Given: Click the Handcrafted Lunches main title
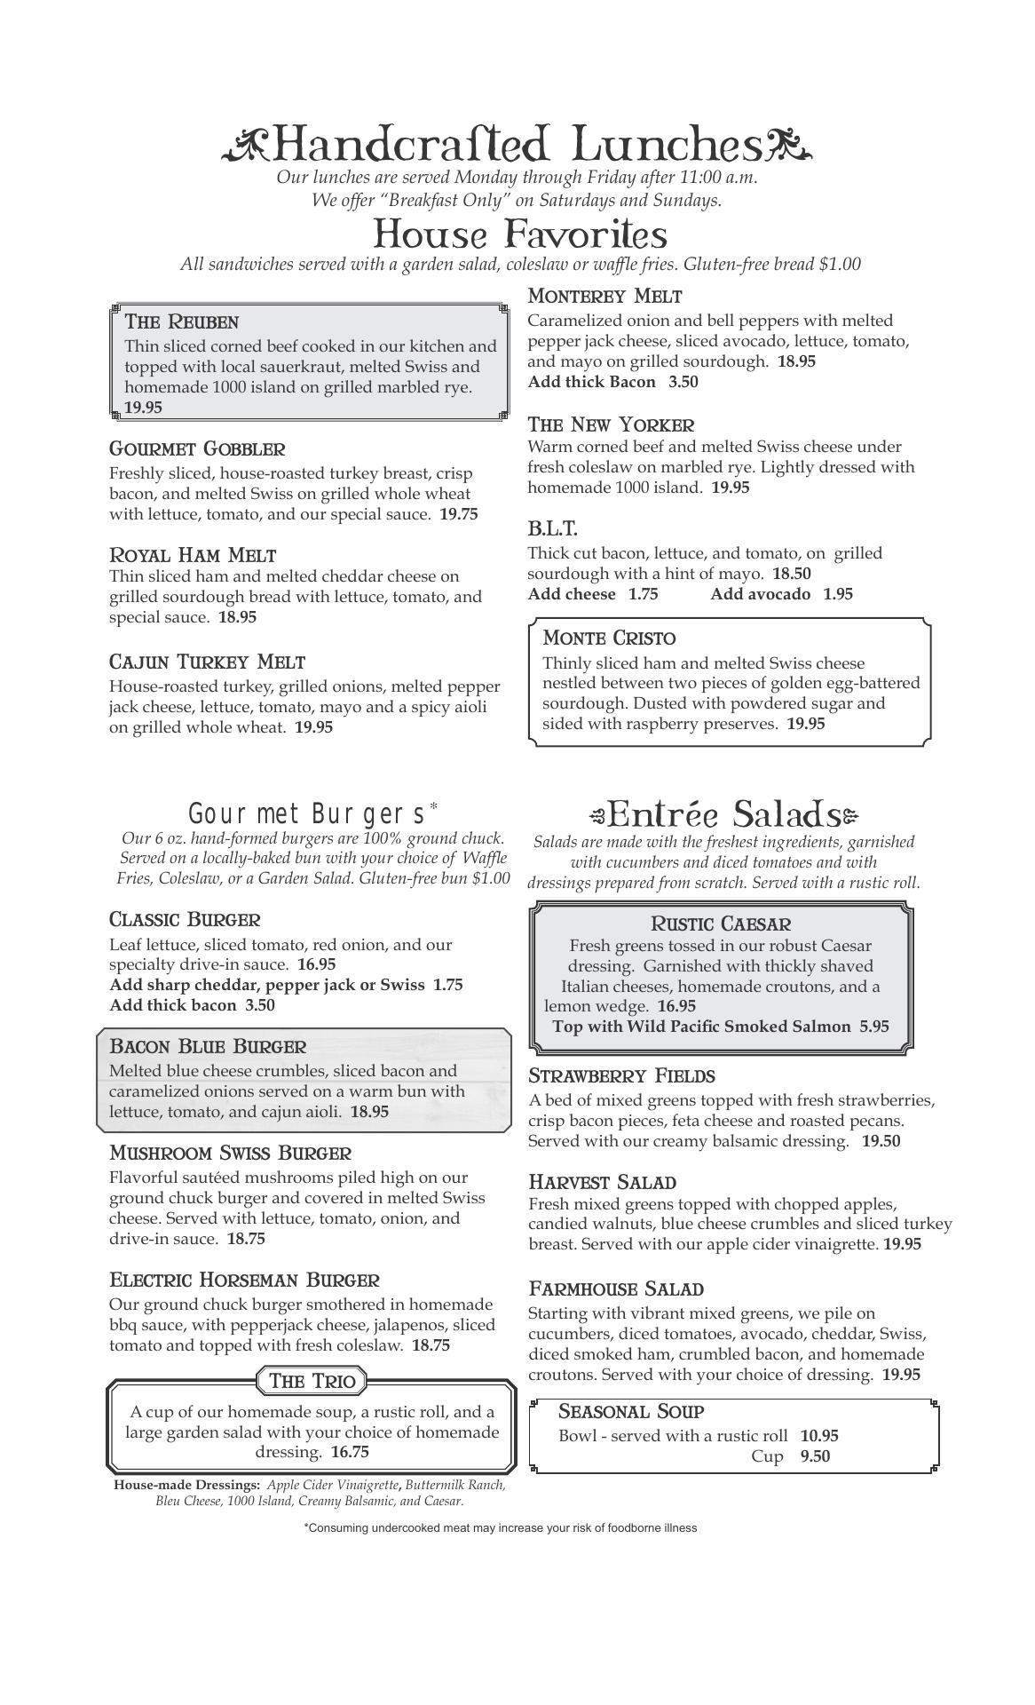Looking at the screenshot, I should coord(517,145).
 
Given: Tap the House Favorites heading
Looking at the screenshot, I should coord(519,234).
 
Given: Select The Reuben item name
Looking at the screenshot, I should coord(182,321).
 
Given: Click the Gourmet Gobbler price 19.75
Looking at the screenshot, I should coord(459,514).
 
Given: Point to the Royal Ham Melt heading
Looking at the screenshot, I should coord(193,556).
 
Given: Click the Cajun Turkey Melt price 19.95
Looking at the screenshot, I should coord(313,727).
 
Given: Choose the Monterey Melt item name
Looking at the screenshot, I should coord(604,297).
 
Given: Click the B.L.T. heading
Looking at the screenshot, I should coord(552,529).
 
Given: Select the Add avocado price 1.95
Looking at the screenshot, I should coord(837,594).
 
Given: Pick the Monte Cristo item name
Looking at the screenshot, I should coord(609,638).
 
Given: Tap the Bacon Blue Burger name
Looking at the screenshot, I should coord(208,1046).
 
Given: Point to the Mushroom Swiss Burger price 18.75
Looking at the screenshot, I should coord(246,1239).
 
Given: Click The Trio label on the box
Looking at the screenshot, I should coord(312,1381).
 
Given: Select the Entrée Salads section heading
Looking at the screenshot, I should coord(723,814).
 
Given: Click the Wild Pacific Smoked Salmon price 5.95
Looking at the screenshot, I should coord(873,1027).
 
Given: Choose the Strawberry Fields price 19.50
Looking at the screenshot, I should coord(881,1141).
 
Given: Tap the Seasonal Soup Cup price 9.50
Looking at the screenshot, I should coord(815,1456).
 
